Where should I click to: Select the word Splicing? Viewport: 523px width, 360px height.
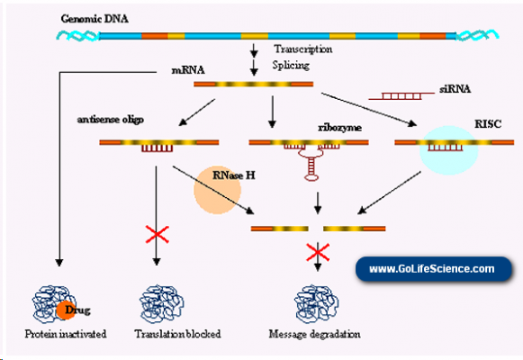pos(292,65)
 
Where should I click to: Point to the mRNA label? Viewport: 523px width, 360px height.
pos(187,69)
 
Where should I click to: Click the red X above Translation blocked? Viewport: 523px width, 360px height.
pos(158,236)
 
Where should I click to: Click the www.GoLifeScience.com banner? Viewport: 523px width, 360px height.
pos(431,268)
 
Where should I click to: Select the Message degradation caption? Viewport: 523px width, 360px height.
pos(315,335)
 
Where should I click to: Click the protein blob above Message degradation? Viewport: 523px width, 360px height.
pos(315,301)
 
